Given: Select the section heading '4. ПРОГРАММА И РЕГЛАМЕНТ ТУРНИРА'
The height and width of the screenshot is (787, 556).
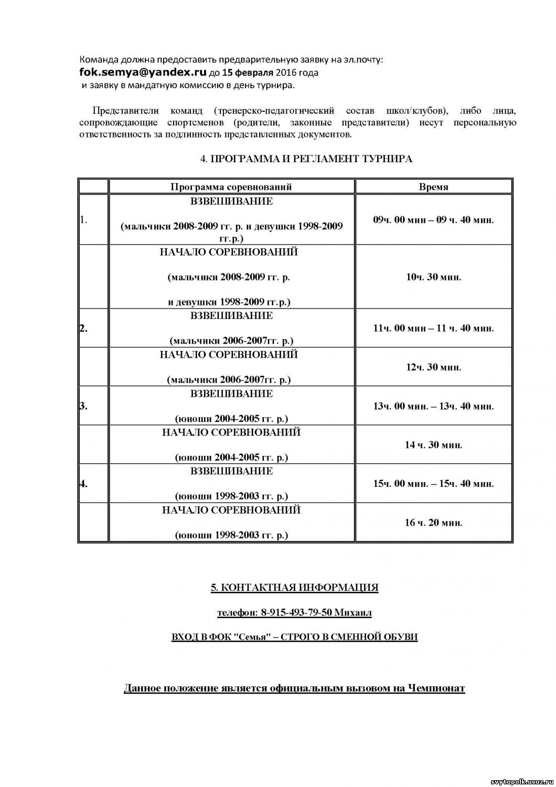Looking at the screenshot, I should (x=306, y=159).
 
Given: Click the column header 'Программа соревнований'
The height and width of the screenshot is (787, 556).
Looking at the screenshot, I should (x=231, y=187).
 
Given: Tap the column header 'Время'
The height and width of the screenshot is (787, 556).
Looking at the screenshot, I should (x=433, y=187).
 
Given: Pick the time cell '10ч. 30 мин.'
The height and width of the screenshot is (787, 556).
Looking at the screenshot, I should (x=433, y=277).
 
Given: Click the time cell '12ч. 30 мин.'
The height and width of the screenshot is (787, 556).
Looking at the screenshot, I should (x=433, y=367).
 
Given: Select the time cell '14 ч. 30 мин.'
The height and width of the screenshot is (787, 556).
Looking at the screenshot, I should (x=433, y=445).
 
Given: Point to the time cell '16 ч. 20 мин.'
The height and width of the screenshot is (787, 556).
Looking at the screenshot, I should (x=433, y=523).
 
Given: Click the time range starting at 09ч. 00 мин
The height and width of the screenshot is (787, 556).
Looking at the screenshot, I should (x=433, y=220).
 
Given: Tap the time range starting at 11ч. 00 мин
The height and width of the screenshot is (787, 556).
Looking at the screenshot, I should (x=433, y=328).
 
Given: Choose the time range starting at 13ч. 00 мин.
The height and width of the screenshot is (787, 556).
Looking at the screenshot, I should (x=433, y=406).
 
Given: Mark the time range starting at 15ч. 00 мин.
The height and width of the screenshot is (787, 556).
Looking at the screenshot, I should (x=433, y=484).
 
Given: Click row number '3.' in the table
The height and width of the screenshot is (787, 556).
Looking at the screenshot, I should (x=83, y=406).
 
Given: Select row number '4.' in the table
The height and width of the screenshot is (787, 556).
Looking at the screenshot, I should (x=83, y=484).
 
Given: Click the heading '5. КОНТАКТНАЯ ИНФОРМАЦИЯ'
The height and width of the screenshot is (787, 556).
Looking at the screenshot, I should (x=294, y=588).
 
